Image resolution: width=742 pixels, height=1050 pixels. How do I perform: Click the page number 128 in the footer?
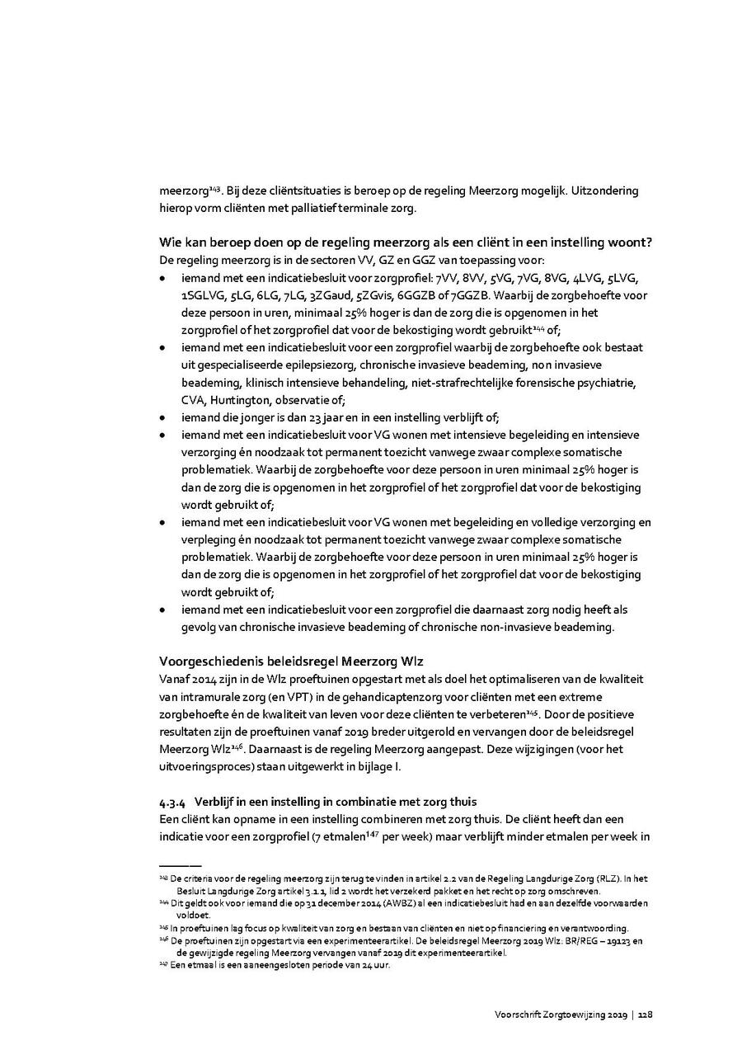click(646, 1015)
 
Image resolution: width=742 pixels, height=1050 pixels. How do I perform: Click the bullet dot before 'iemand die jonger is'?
click(164, 418)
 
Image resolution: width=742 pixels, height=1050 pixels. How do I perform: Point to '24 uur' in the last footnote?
click(376, 964)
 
